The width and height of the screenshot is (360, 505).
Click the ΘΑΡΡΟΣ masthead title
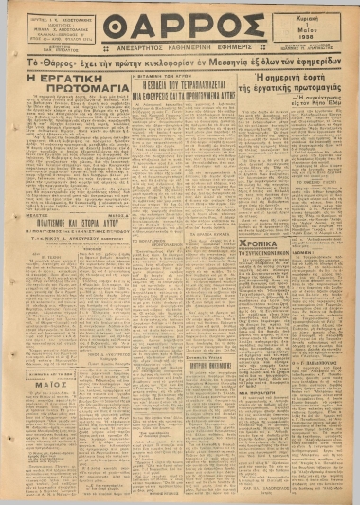(x=180, y=26)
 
